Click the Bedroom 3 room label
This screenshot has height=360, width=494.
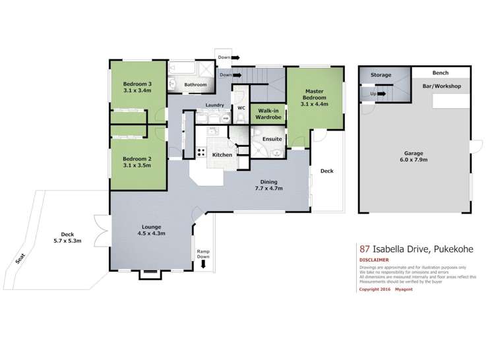click(137, 87)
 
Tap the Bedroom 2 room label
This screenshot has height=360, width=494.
click(137, 162)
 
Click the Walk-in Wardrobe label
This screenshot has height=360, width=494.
click(269, 114)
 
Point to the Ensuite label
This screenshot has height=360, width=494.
click(272, 139)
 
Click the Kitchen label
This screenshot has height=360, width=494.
click(221, 154)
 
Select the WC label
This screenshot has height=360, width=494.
click(241, 106)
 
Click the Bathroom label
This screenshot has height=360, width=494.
click(195, 84)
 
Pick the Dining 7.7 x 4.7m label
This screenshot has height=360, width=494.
click(268, 185)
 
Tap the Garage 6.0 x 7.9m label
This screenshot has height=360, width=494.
click(415, 156)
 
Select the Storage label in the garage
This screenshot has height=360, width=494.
click(381, 75)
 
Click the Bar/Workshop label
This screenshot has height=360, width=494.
click(441, 86)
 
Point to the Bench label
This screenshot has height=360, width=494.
click(441, 73)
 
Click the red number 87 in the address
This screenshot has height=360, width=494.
click(363, 249)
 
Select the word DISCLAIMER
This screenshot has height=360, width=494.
click(373, 259)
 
